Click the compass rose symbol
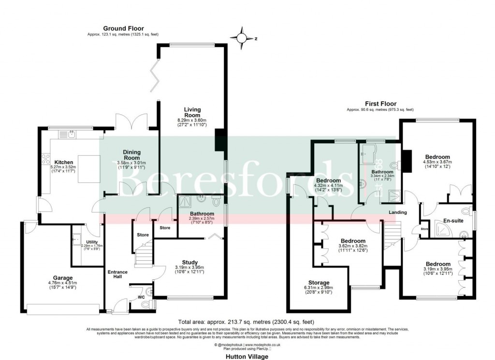click(x=242, y=37)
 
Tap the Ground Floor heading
click(x=123, y=29)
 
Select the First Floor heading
click(x=380, y=104)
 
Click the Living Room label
click(x=192, y=112)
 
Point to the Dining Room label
click(x=131, y=154)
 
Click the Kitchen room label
click(x=64, y=162)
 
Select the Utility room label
click(x=92, y=242)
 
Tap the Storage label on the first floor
click(x=319, y=283)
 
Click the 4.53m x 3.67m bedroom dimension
click(x=437, y=162)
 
